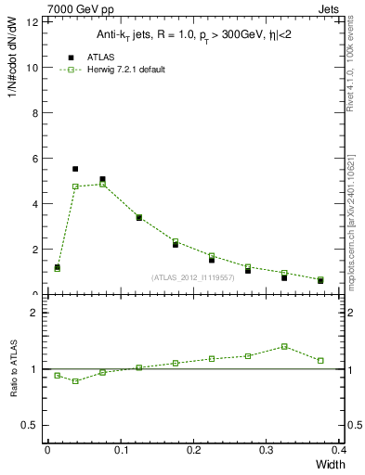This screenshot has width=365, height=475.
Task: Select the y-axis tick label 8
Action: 35,112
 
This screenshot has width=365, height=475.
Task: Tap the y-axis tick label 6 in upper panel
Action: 35,158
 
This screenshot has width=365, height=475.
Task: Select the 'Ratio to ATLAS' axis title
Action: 15,369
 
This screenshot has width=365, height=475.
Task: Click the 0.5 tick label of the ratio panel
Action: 32,425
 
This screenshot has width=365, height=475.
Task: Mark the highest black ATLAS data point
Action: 75,169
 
